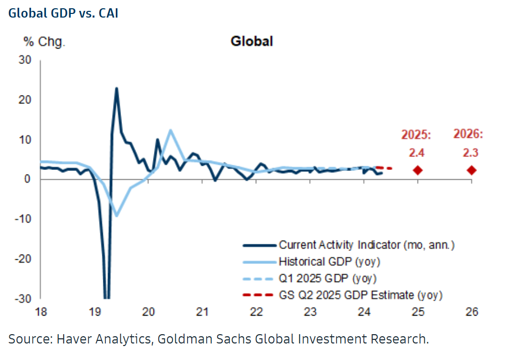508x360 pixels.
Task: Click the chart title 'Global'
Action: (251, 41)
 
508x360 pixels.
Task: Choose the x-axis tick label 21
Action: (202, 312)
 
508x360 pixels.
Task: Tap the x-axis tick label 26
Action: (471, 312)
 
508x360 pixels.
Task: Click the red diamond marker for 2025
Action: (418, 170)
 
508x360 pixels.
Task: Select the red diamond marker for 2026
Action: (471, 170)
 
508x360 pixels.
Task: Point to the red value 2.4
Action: (417, 153)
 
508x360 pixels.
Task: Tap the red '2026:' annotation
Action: (468, 135)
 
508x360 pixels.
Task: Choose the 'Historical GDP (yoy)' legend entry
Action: (326, 261)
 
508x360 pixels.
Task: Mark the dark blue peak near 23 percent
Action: (116, 88)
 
